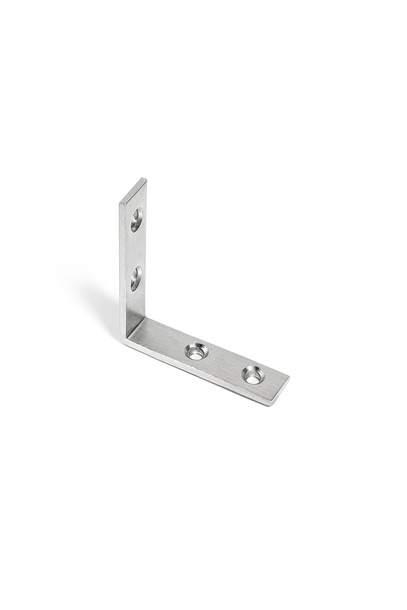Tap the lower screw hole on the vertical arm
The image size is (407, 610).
point(136,278)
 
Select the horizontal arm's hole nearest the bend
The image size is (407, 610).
point(196,351)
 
